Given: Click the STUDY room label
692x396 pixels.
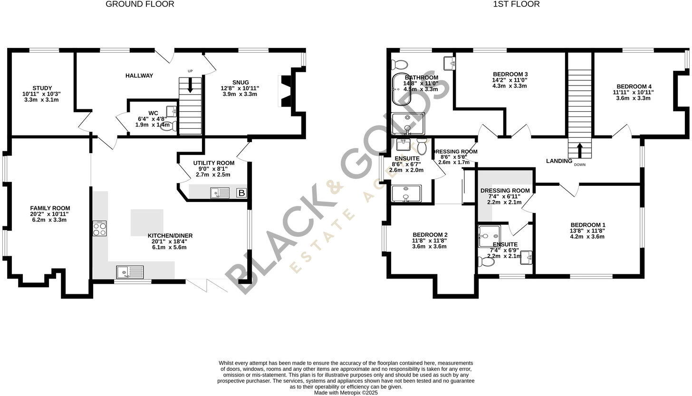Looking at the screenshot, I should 42,88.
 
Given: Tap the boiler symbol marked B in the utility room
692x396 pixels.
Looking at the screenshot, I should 241,193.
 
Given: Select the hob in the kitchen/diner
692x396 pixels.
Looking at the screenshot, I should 100,229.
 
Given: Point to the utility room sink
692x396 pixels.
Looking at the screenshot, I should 220,193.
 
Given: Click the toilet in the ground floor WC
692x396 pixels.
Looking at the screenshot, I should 174,126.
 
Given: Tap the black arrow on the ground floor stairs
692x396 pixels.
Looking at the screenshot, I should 190,86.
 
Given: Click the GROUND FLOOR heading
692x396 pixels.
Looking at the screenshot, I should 140,4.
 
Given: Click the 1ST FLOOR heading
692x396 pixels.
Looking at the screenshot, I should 516,4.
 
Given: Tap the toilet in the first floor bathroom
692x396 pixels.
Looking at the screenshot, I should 400,64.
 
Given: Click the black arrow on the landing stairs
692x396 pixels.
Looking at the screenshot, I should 579,150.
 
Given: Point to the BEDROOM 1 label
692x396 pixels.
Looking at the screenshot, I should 588,225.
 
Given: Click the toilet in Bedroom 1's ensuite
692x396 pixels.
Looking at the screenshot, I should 487,261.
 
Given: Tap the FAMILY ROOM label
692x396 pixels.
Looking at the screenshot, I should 50,208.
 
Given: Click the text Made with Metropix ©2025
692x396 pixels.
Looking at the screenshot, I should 346,393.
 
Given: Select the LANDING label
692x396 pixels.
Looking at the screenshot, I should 559,161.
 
